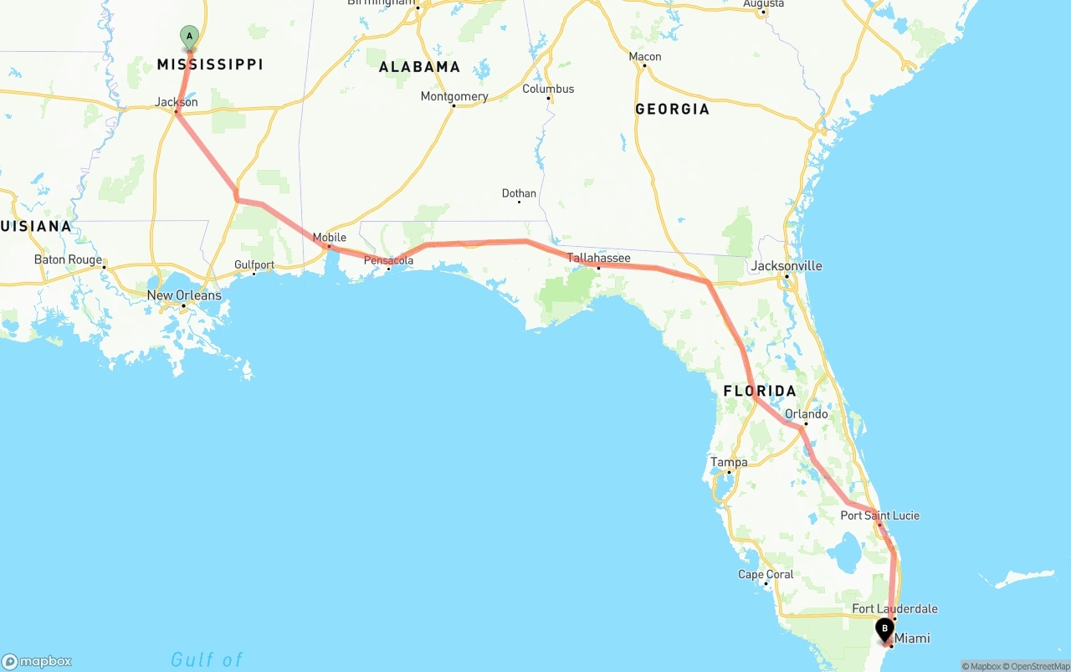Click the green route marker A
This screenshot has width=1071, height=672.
point(190,37)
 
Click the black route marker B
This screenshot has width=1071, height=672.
point(884,629)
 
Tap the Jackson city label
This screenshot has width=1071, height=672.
point(177,102)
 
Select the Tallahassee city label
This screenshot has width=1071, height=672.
point(599,258)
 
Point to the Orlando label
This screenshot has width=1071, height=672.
point(807,414)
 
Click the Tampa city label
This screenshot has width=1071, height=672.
point(729,462)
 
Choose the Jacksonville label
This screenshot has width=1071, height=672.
point(787,266)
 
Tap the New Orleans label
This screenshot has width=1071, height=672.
point(184,295)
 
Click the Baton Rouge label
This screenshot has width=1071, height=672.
point(68,259)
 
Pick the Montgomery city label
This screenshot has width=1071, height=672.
point(454,96)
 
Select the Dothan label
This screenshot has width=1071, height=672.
point(519,193)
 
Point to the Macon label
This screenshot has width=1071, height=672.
point(645,57)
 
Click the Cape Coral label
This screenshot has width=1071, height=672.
point(766,574)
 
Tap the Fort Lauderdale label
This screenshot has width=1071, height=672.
point(894,608)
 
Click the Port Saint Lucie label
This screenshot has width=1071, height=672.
point(879,516)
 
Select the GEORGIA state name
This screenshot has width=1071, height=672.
point(672,109)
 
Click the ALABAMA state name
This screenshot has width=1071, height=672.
point(419,67)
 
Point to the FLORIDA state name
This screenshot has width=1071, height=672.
point(760,391)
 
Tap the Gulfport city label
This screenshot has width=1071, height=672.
point(254,264)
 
